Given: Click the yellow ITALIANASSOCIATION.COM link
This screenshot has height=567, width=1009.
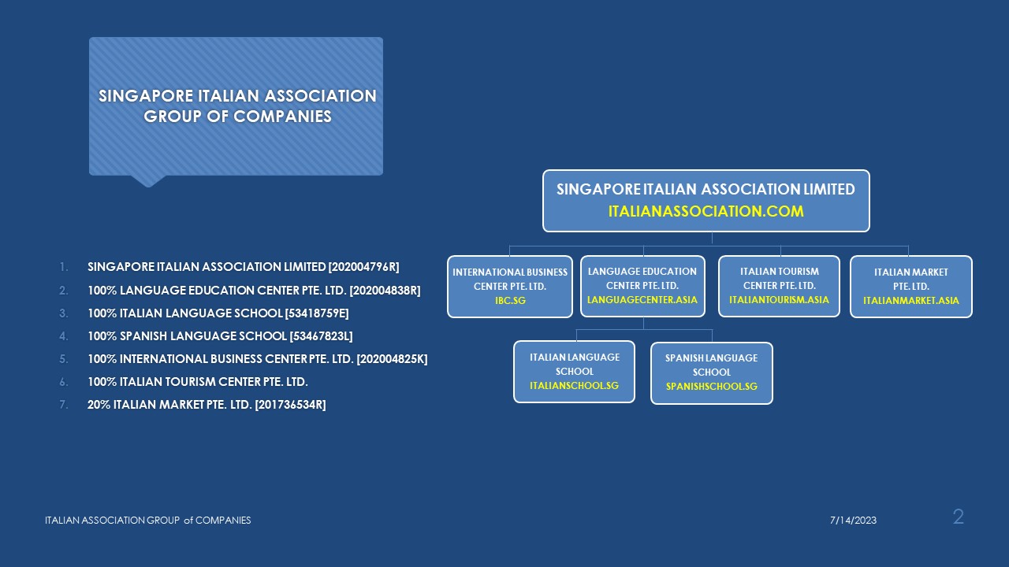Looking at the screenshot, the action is pyautogui.click(x=706, y=211).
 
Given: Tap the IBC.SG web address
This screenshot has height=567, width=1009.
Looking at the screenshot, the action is pyautogui.click(x=510, y=300).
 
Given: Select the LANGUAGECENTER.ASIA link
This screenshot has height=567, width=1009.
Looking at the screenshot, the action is pyautogui.click(x=642, y=300).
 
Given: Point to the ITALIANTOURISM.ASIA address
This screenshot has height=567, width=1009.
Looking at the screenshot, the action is pyautogui.click(x=779, y=300).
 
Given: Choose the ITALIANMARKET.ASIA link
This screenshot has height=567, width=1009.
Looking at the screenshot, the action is pyautogui.click(x=911, y=301).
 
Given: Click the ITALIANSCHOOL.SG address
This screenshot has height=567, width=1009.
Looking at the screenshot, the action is pyautogui.click(x=575, y=386).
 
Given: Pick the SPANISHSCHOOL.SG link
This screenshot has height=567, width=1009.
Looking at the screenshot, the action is pyautogui.click(x=712, y=387).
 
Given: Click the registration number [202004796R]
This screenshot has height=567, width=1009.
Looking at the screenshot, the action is pyautogui.click(x=364, y=267).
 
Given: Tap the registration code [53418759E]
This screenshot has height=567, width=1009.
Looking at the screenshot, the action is pyautogui.click(x=317, y=313).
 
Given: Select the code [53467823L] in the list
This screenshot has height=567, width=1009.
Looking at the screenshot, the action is pyautogui.click(x=321, y=336).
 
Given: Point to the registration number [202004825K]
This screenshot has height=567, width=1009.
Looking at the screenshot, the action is pyautogui.click(x=392, y=359).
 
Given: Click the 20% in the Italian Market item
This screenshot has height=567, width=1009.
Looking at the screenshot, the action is pyautogui.click(x=99, y=405).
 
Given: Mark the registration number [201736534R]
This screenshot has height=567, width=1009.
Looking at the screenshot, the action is pyautogui.click(x=291, y=405).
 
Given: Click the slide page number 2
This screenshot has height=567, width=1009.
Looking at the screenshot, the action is pyautogui.click(x=958, y=517).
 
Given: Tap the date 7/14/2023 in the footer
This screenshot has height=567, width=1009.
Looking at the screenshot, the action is pyautogui.click(x=853, y=521).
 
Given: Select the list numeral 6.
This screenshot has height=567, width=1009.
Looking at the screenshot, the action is pyautogui.click(x=64, y=382).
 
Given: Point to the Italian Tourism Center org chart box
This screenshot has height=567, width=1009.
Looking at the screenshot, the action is pyautogui.click(x=780, y=286).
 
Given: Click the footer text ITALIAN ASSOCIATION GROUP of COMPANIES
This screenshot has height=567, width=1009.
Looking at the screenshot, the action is pyautogui.click(x=147, y=521).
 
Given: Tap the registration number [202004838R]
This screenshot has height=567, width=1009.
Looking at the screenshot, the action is pyautogui.click(x=385, y=291).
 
